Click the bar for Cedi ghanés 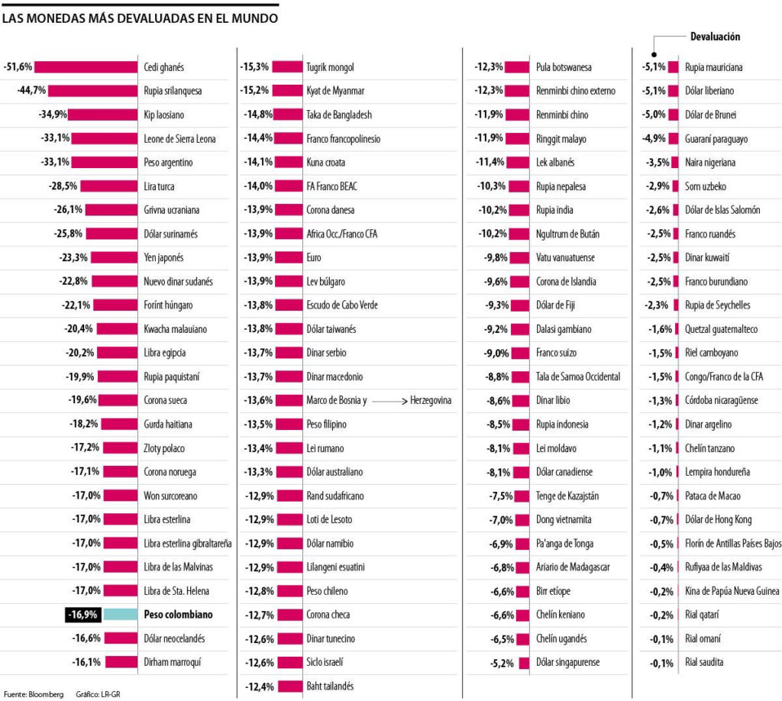[86, 67]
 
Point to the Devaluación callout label [715, 37]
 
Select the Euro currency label [314, 258]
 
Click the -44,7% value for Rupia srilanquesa [31, 91]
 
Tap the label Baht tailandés [330, 686]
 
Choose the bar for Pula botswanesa [517, 67]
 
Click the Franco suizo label [557, 354]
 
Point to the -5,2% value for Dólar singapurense [502, 663]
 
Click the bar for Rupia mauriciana [673, 67]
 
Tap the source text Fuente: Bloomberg [34, 694]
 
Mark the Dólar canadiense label [564, 472]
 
